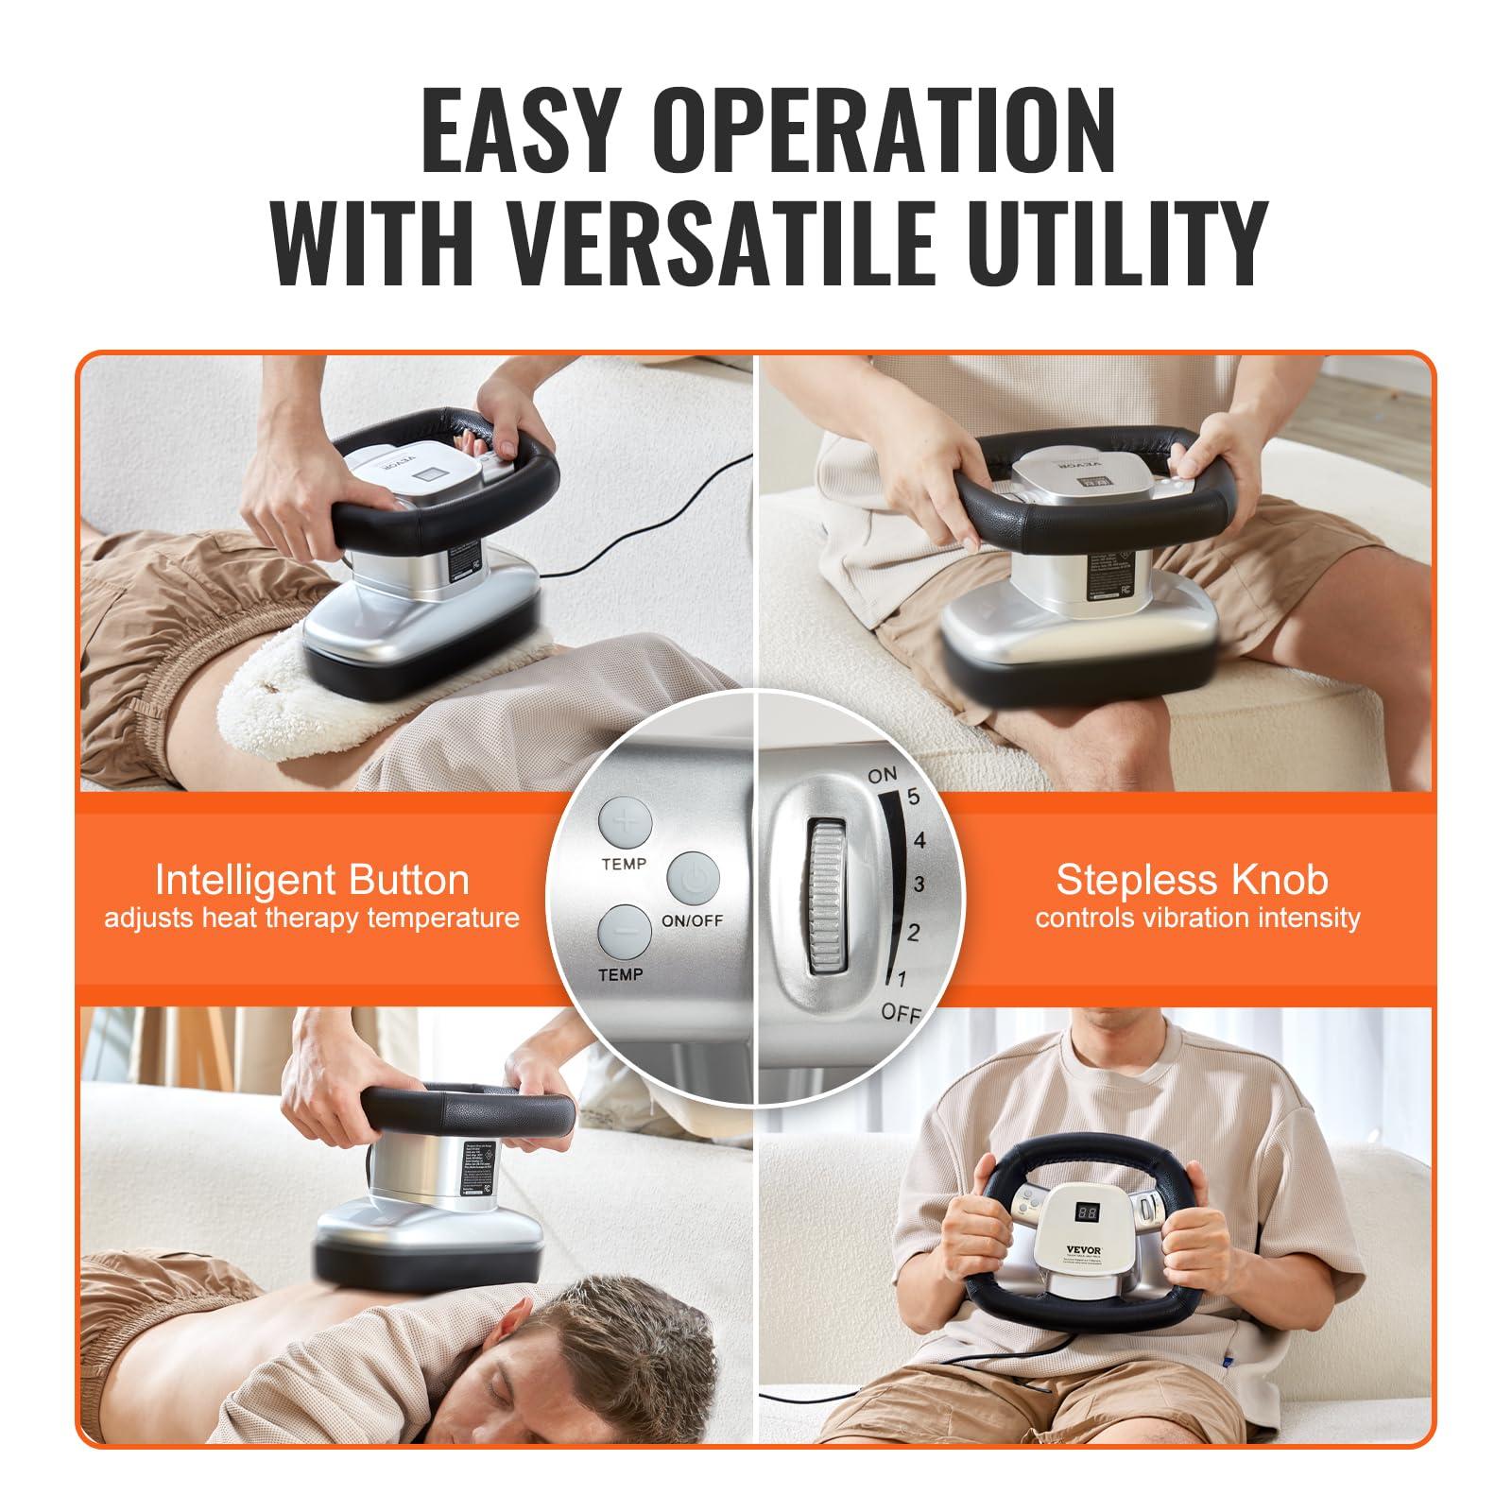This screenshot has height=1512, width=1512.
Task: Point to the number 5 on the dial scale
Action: point(913,797)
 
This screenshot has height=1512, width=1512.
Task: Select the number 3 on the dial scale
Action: point(918,885)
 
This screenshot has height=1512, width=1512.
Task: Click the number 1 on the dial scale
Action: point(901,978)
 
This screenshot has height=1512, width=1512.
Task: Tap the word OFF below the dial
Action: point(900,1013)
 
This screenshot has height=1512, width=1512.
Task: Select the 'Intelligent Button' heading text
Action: point(312,880)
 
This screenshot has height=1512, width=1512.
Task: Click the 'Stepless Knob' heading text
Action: point(1192,880)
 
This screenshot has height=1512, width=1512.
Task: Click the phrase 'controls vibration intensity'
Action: point(1196,918)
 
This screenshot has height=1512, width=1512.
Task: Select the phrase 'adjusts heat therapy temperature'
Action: point(312,918)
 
